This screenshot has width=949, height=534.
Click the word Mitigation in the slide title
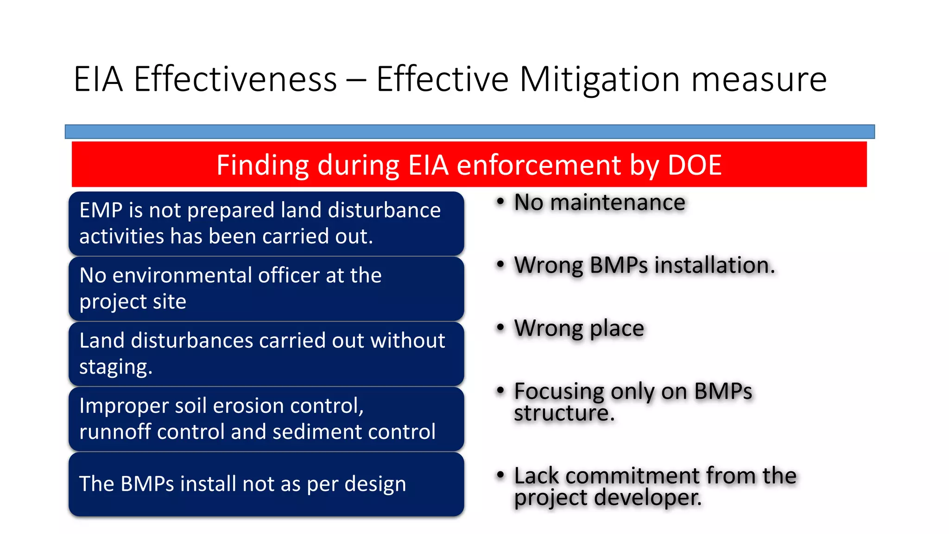click(600, 80)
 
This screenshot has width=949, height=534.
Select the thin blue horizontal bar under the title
click(469, 132)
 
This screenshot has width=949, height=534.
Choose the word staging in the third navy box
click(115, 367)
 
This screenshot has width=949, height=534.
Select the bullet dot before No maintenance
click(500, 202)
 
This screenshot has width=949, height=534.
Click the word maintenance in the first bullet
click(618, 203)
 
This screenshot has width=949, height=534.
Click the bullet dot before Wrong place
click(500, 328)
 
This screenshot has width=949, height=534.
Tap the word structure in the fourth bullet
click(564, 413)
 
